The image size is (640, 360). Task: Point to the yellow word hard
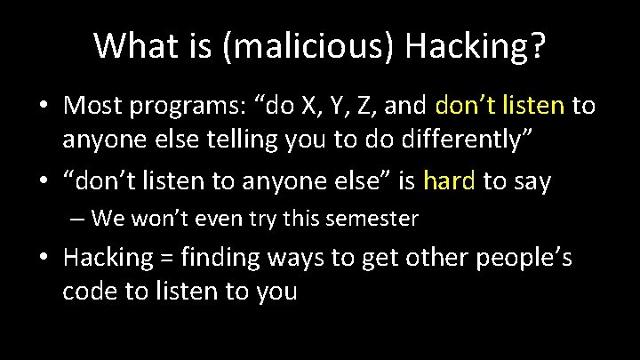pos(451,181)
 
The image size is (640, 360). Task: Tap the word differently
pos(463,141)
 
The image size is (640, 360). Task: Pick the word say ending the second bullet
pos(531,181)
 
